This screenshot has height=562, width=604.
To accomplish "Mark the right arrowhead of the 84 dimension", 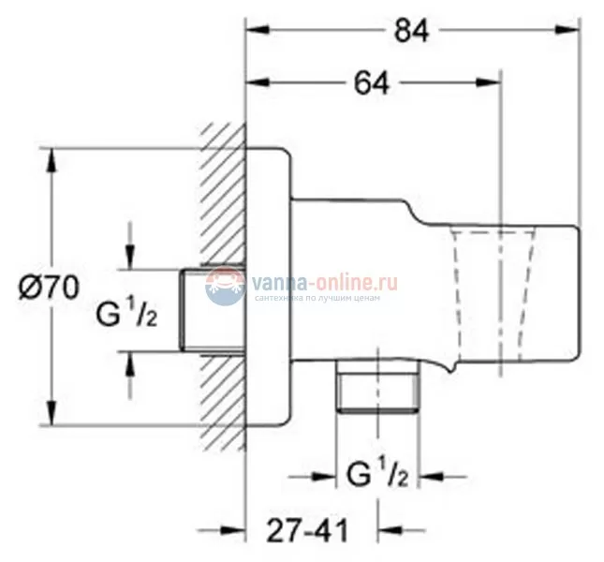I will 572,30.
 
